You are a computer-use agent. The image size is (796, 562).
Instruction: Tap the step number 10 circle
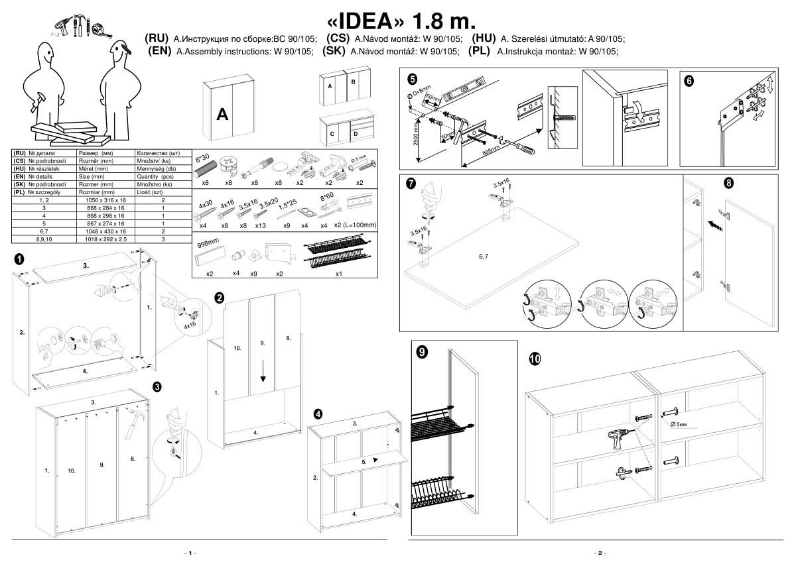[x=535, y=359]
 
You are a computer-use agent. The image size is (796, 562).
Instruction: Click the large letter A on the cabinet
[x=223, y=115]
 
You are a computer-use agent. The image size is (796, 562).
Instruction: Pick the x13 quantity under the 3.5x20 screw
[x=261, y=225]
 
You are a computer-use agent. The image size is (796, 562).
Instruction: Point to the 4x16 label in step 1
[x=190, y=325]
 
